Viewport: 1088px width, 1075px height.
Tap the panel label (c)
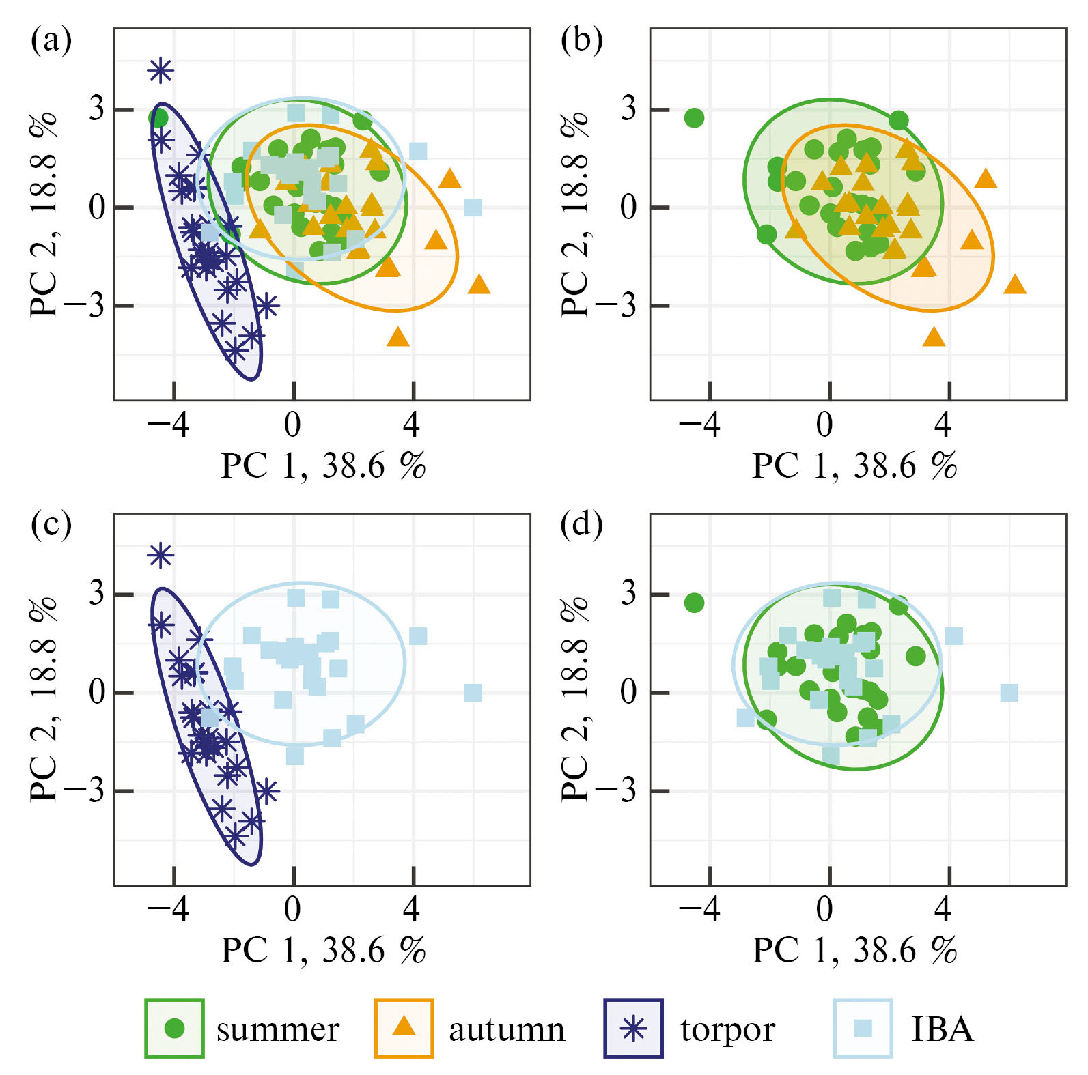(x=51, y=526)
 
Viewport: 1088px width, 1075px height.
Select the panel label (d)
(x=581, y=526)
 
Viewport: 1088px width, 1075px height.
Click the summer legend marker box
(x=175, y=1028)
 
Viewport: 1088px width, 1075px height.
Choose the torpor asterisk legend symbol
(x=634, y=1028)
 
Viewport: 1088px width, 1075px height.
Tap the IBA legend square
(x=863, y=1028)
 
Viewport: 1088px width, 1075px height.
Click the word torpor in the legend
(x=727, y=1029)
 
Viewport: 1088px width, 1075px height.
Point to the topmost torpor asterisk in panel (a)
(x=161, y=70)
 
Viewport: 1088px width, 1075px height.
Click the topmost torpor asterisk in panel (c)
(x=161, y=556)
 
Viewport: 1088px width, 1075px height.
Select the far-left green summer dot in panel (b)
(x=694, y=118)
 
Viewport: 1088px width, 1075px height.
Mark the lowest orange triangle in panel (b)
(x=934, y=337)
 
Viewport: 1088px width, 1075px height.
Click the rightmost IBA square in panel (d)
(x=1009, y=693)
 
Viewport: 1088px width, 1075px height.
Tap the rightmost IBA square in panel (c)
(x=473, y=693)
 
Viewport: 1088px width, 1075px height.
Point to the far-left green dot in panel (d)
(x=694, y=603)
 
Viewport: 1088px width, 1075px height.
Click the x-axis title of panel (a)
(x=323, y=466)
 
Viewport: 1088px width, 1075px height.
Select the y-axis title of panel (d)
(x=575, y=699)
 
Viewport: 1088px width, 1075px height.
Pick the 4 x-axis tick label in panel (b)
(x=943, y=425)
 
